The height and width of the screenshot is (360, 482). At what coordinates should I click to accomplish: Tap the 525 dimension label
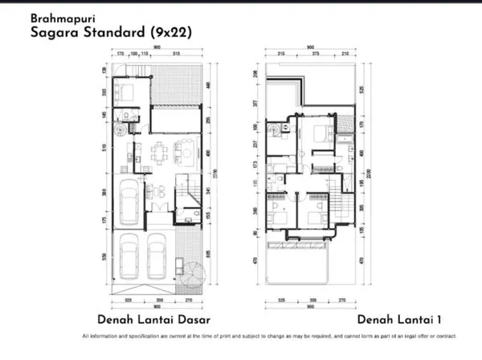(364, 88)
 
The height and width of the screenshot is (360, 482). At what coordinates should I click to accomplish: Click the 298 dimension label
(256, 73)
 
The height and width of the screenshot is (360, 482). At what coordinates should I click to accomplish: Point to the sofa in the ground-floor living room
(185, 150)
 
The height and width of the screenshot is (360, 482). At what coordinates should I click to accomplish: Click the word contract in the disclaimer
(445, 335)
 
